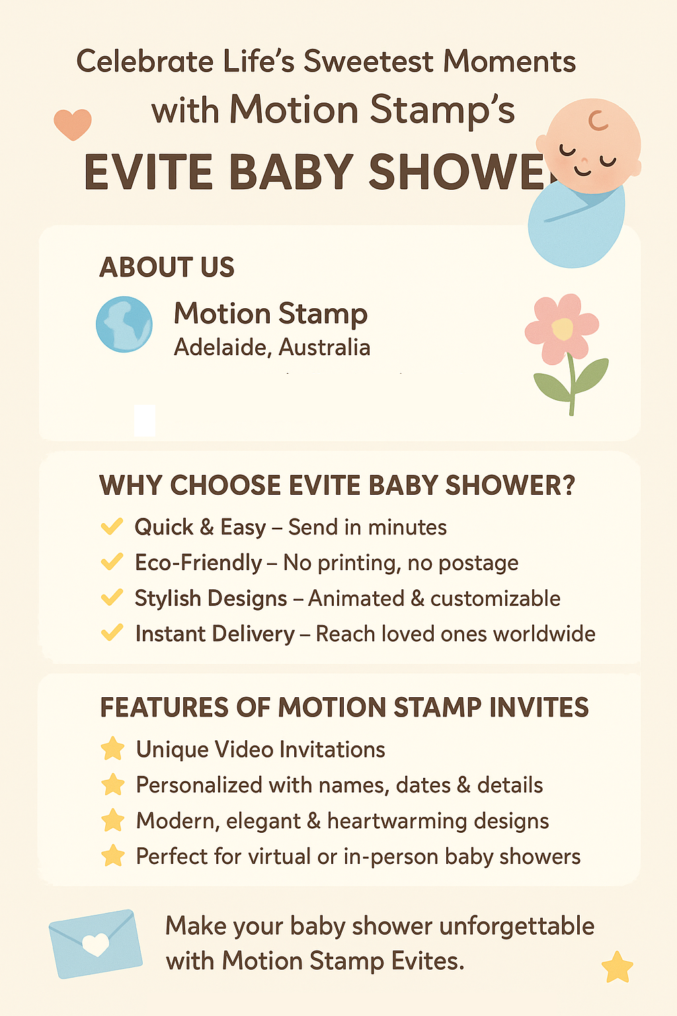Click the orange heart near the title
click(x=73, y=124)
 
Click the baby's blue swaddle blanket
click(x=576, y=225)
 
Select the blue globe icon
click(x=124, y=324)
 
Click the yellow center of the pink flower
click(x=563, y=328)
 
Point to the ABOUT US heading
click(x=167, y=267)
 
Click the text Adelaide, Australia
click(x=272, y=348)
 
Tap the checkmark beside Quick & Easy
click(x=112, y=527)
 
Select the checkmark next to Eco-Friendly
click(x=112, y=562)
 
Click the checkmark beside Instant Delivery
click(x=112, y=632)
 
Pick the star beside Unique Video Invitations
click(x=112, y=748)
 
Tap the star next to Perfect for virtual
click(x=112, y=855)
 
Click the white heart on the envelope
click(x=96, y=944)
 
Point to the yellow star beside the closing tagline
click(x=617, y=967)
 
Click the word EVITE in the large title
click(x=148, y=173)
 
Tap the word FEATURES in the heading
click(x=165, y=707)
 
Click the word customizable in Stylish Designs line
click(x=495, y=598)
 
